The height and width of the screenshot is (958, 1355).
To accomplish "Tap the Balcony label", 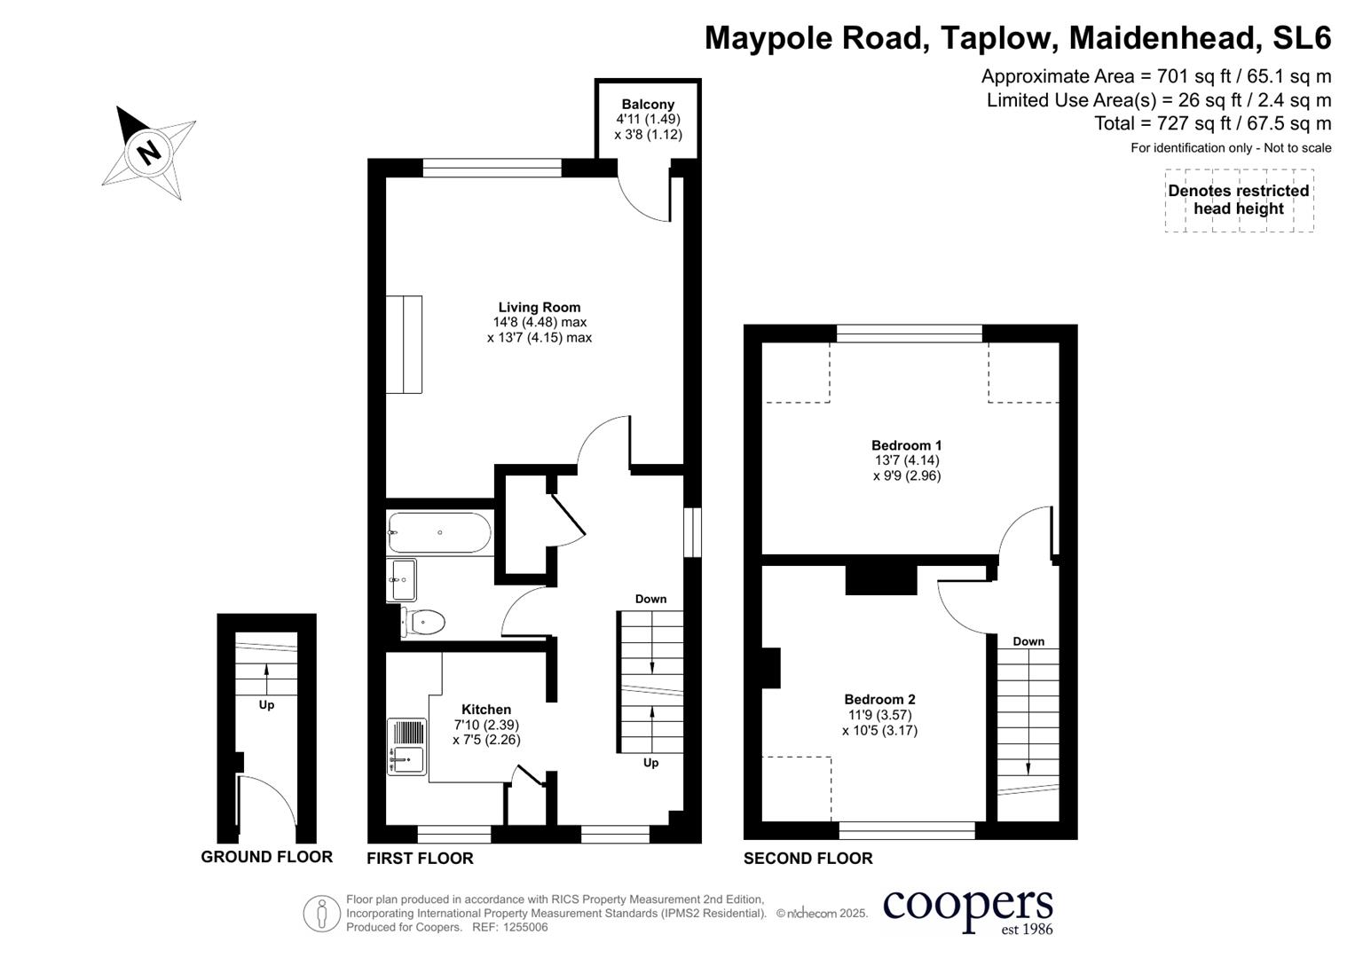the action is click(648, 104).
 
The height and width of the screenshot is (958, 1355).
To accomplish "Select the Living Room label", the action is click(539, 307).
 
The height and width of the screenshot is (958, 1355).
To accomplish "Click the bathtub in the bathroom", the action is click(440, 533).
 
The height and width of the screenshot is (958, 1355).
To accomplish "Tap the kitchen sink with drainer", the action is click(407, 746).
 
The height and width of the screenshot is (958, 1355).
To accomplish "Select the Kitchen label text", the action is click(486, 710).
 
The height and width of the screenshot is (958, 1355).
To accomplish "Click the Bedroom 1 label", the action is click(906, 445).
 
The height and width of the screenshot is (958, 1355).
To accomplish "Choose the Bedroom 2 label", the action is click(879, 699).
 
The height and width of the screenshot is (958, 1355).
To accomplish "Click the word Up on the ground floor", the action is click(267, 705).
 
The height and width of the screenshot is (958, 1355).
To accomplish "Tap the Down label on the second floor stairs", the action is click(1028, 641).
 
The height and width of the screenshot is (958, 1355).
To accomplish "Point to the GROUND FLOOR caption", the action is click(267, 857).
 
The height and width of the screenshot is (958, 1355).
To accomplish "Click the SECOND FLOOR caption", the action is click(808, 859).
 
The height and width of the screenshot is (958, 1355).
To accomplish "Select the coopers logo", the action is click(968, 912).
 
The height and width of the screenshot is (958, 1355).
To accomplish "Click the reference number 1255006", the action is click(525, 927).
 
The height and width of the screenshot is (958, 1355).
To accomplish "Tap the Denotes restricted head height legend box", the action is click(1239, 200).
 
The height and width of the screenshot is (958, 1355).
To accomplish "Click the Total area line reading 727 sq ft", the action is click(1212, 123).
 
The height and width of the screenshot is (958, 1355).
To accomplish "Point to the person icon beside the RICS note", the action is click(322, 914).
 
